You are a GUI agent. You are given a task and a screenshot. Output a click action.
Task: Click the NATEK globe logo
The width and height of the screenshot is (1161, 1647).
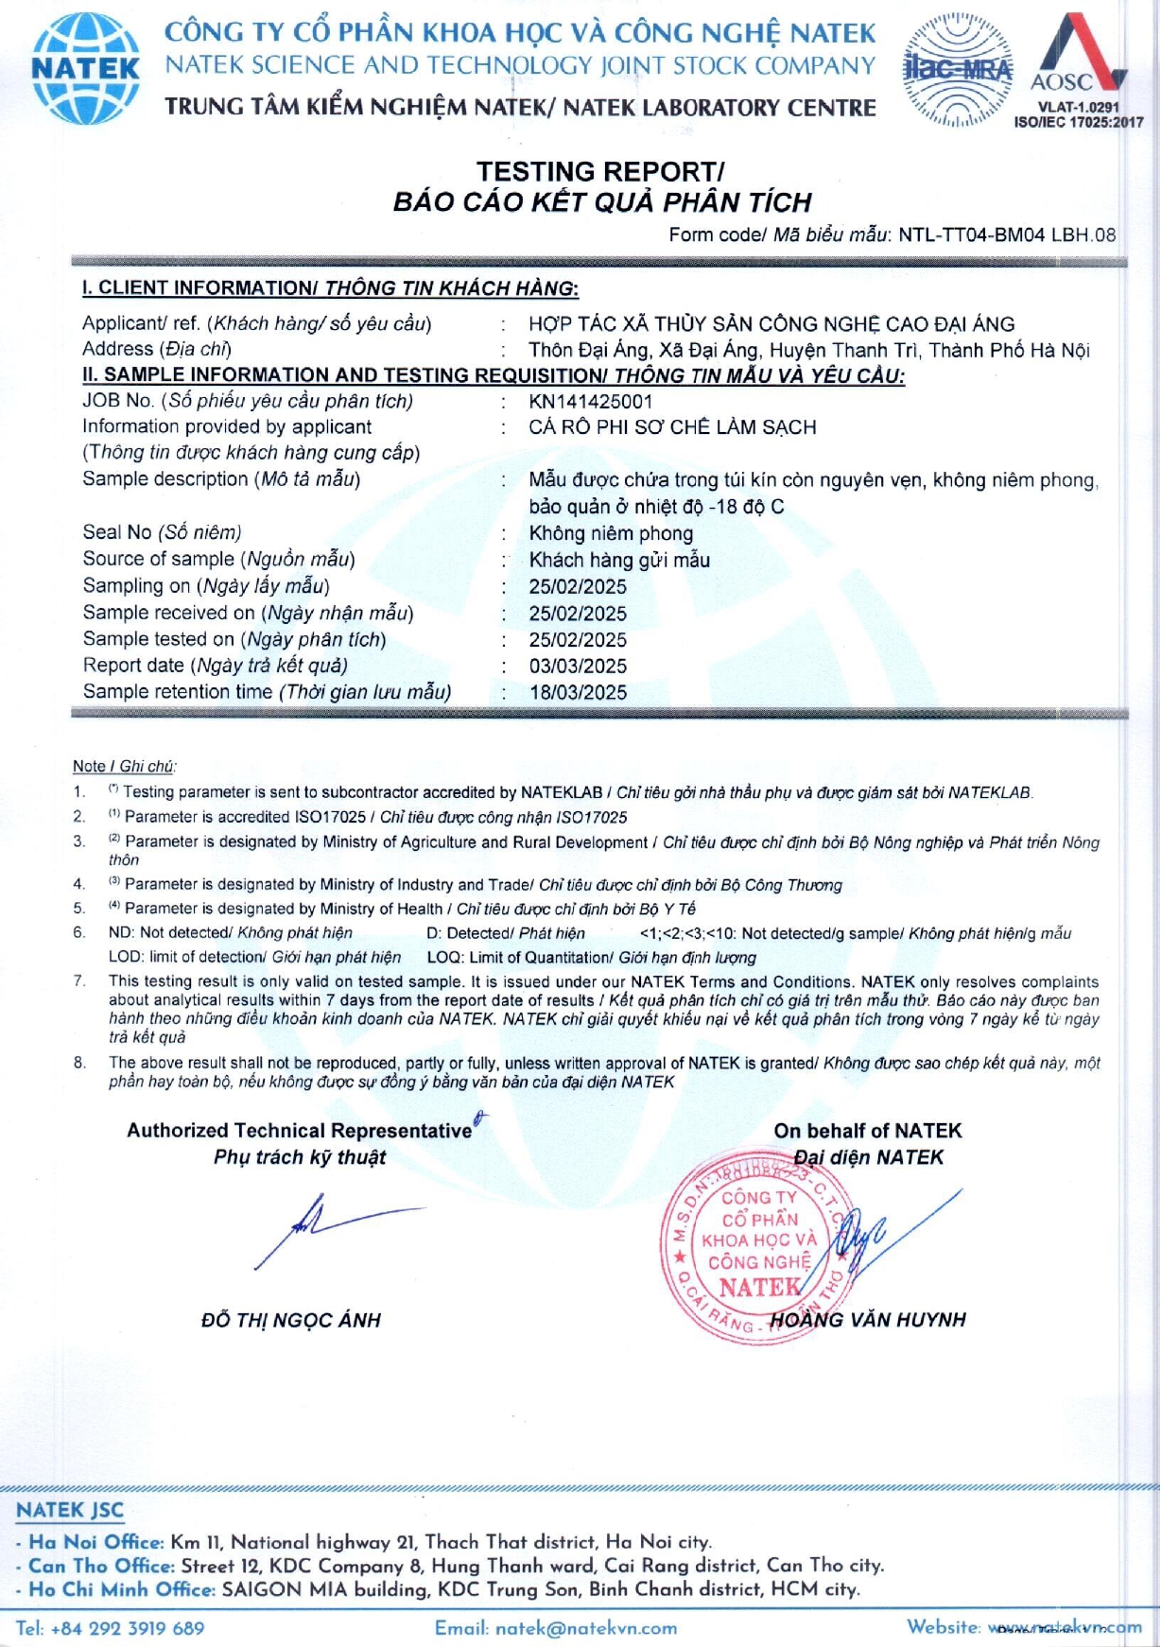coord(85,69)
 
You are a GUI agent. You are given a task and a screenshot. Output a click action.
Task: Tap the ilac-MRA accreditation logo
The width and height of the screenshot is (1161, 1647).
coord(958,69)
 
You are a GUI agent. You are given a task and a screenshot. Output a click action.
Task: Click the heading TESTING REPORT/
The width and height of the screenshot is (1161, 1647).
coord(600,171)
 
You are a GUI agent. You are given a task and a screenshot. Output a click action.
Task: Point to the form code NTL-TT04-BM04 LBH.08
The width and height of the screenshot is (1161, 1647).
coord(1007,234)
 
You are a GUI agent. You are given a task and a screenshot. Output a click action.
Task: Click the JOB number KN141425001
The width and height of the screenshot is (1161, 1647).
coord(590,401)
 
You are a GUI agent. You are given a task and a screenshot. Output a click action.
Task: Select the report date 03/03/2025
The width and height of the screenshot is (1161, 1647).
coord(578,666)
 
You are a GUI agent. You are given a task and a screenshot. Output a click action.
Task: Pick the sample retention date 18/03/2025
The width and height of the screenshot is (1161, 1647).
coord(578,692)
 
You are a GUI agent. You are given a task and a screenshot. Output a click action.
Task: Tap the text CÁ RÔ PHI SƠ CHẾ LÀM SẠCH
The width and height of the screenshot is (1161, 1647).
coord(672,427)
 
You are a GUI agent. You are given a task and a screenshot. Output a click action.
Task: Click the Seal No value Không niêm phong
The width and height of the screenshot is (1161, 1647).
coord(611,533)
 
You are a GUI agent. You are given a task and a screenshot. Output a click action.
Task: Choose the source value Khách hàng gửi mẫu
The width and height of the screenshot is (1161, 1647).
coord(619,560)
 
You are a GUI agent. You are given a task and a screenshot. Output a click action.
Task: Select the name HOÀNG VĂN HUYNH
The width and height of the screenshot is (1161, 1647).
coord(868,1320)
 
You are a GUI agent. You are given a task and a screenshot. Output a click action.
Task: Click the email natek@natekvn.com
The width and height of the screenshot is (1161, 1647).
coord(556,1627)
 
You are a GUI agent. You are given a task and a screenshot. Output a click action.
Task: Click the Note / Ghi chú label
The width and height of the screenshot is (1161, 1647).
coord(124,766)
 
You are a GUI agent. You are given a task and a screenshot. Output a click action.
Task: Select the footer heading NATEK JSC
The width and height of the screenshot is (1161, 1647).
coord(70,1511)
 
